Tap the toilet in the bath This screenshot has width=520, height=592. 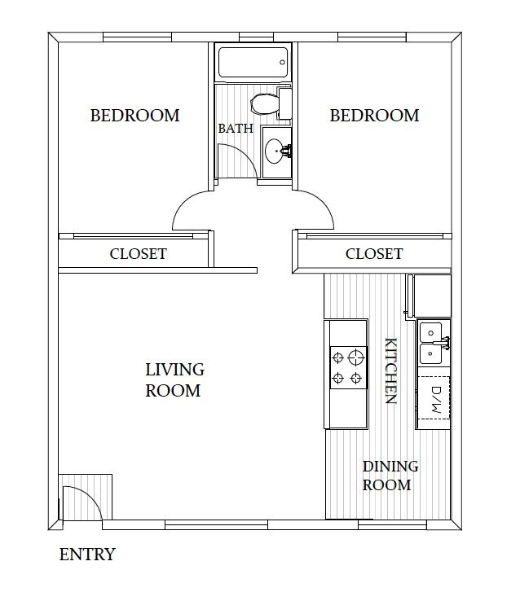(x=265, y=103)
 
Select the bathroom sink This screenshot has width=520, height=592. (x=276, y=150)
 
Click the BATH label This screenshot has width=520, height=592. (x=235, y=129)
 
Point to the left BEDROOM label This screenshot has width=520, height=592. (x=134, y=116)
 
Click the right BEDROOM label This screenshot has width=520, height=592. (x=374, y=116)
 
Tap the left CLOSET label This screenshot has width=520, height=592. (x=138, y=254)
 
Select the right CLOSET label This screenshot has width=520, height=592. (x=373, y=254)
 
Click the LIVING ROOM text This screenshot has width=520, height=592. (x=173, y=380)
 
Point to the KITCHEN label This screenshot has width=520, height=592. (x=390, y=371)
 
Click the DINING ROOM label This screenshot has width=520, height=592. (x=390, y=476)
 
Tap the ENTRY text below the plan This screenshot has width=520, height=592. (x=87, y=555)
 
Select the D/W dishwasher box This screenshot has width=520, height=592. (x=434, y=399)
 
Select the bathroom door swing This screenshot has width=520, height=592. (x=240, y=160)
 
